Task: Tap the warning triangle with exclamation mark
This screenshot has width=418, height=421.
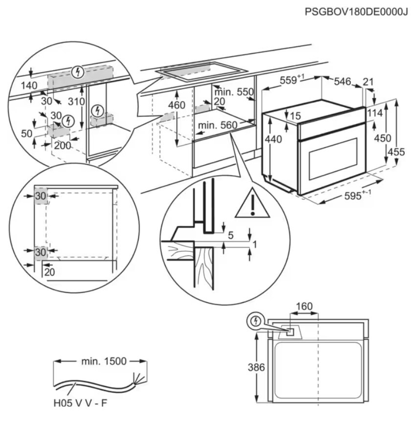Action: [x=252, y=203]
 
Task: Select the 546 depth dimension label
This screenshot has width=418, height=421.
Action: [x=342, y=82]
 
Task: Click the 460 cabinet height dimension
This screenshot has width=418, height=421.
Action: [x=176, y=105]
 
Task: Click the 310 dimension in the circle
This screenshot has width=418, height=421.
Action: [x=76, y=102]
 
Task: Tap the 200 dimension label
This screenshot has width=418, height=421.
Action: [x=62, y=145]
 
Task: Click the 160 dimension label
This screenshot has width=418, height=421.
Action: [x=304, y=307]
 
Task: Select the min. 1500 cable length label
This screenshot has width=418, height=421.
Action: [x=102, y=361]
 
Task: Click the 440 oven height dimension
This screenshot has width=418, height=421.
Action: [x=273, y=139]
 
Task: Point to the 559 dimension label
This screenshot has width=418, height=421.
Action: [x=289, y=82]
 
